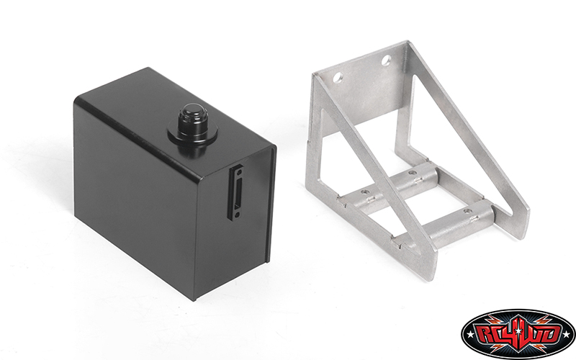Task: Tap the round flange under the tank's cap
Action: (192, 134)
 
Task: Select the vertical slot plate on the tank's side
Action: (237, 192)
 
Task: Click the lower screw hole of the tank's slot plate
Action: (236, 214)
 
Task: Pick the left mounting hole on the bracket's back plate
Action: (338, 78)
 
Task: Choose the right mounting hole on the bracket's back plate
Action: (386, 60)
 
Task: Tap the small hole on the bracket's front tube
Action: (467, 212)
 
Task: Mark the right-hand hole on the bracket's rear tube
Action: (413, 172)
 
